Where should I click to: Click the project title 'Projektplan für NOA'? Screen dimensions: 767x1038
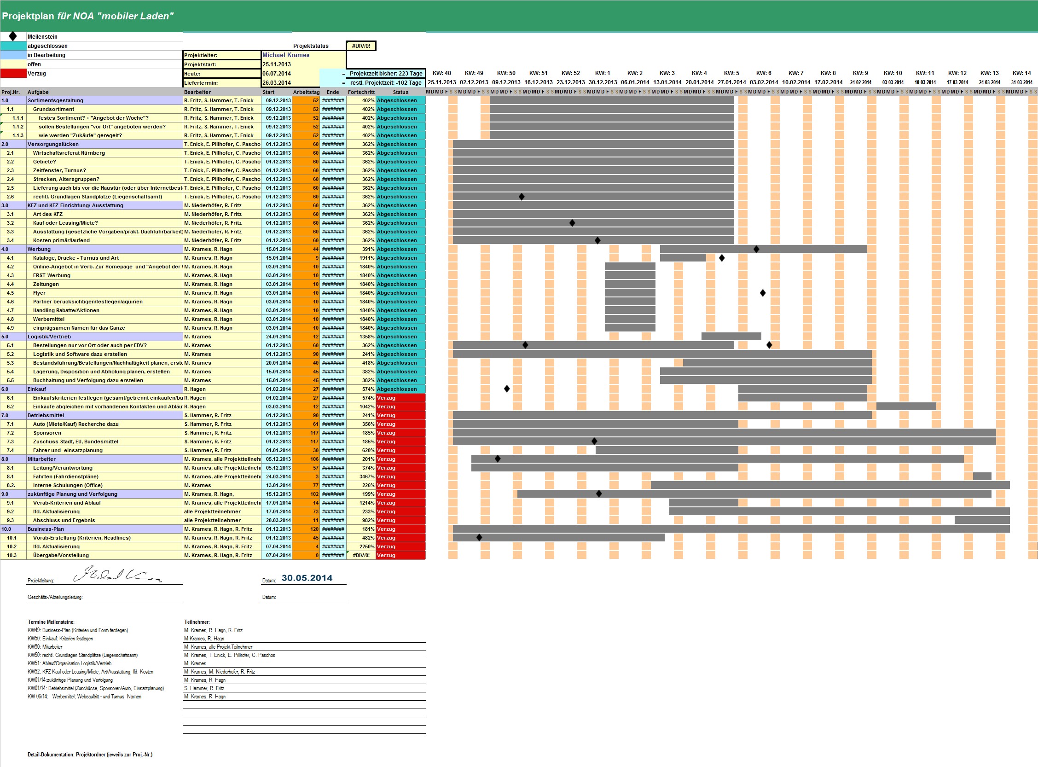point(87,16)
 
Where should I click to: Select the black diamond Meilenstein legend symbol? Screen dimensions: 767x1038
point(13,36)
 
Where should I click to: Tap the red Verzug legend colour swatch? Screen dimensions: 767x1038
point(13,73)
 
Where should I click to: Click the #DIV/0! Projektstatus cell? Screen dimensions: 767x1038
point(361,46)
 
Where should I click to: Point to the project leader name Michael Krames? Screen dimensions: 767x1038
point(286,55)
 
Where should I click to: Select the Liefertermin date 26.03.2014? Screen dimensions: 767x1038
point(277,83)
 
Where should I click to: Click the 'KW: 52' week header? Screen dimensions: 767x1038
point(570,73)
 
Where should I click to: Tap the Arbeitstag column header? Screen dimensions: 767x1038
point(306,92)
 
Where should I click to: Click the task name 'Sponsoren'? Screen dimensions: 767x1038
point(47,433)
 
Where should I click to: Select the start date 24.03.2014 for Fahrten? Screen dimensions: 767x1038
point(278,477)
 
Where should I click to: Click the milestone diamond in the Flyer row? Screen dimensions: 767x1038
point(763,293)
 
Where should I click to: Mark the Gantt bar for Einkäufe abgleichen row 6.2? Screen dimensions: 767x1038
point(906,407)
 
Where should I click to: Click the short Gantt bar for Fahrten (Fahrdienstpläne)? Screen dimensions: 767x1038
point(982,476)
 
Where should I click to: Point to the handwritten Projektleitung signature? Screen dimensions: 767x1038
point(116,575)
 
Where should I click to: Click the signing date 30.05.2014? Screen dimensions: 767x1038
point(307,578)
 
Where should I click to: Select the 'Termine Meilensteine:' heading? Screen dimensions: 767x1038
point(51,622)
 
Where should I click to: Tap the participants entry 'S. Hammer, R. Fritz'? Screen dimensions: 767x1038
point(204,689)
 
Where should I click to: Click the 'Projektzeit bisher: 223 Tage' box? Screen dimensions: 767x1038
point(386,73)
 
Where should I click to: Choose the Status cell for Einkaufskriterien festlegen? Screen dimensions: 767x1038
point(400,398)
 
